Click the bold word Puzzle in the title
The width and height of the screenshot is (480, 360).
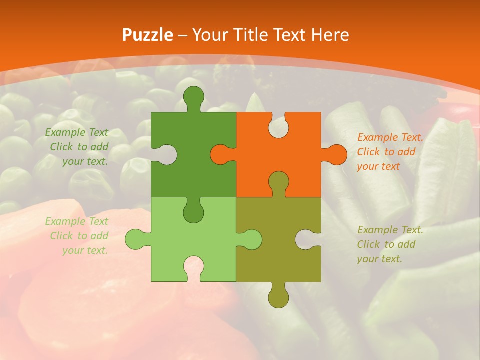pos(148,35)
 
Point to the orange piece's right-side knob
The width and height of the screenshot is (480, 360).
pos(335,154)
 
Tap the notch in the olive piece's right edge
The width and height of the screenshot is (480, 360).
pos(307,239)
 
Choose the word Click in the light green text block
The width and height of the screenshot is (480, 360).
pos(62,236)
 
